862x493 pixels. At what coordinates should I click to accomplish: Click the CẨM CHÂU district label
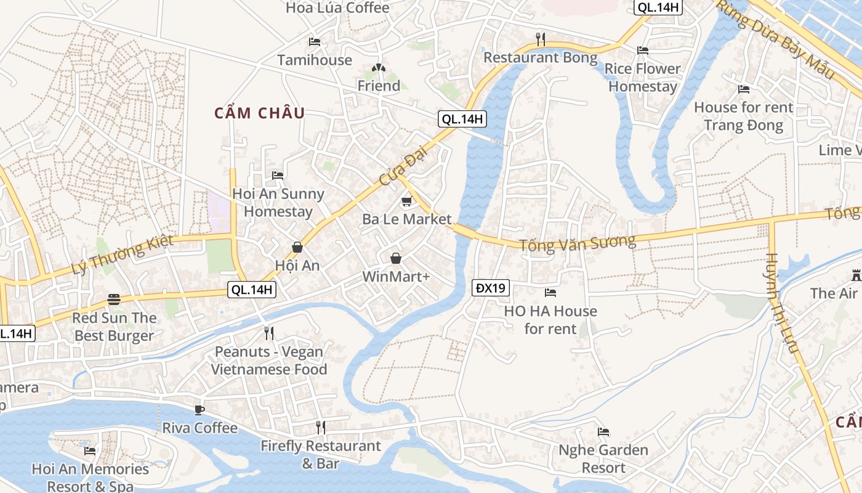[259, 113]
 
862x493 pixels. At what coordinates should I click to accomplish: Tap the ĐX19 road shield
[491, 287]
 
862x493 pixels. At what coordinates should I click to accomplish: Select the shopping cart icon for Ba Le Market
[406, 202]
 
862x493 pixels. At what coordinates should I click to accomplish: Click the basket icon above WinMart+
[396, 258]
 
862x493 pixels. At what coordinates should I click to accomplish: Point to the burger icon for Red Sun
[114, 299]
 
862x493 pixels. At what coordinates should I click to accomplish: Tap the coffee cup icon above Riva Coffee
[199, 410]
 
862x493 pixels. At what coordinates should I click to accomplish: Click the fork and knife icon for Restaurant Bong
[541, 39]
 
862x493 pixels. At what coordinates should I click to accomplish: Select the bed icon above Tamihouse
[315, 42]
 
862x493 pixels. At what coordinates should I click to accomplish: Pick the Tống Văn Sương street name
[577, 243]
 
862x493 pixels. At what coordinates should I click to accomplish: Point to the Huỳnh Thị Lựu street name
[783, 303]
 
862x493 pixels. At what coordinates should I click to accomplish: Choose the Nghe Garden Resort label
[603, 459]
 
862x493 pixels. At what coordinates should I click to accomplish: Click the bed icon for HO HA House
[550, 293]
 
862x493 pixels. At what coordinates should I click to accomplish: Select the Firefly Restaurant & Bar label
[320, 454]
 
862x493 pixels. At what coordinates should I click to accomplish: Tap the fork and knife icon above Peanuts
[268, 333]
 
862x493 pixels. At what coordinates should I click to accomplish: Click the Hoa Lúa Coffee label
[337, 8]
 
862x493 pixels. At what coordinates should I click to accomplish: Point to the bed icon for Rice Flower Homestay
[643, 51]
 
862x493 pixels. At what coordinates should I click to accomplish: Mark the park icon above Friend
[379, 68]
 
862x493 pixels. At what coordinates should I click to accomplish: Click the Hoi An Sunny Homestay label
[278, 203]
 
